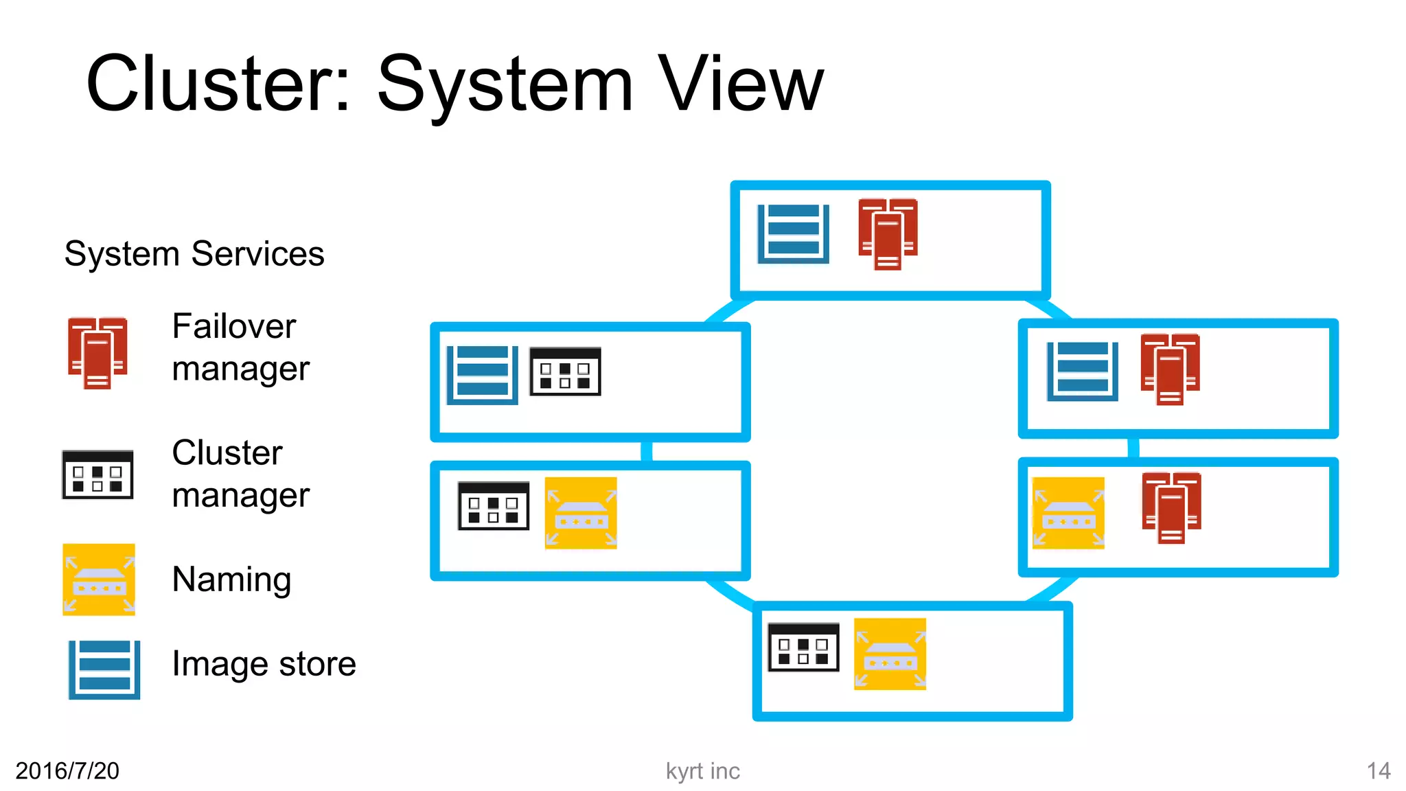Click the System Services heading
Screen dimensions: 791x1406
point(194,253)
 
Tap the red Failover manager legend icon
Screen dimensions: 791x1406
point(97,353)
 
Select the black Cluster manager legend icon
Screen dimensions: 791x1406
point(97,474)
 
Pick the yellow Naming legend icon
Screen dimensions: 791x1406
point(99,579)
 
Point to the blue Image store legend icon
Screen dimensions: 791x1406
point(104,669)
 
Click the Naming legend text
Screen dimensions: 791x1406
point(231,579)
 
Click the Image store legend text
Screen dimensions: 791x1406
point(264,663)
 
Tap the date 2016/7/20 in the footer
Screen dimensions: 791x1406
point(67,770)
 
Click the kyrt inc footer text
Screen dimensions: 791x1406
point(702,770)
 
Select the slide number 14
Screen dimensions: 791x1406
point(1378,770)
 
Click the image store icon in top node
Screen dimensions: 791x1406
point(793,233)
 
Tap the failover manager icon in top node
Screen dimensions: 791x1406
point(888,233)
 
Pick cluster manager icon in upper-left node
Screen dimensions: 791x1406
point(565,371)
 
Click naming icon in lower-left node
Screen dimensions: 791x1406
point(581,513)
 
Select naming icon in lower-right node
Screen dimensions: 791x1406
point(1068,513)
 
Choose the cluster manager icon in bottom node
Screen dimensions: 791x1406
point(803,647)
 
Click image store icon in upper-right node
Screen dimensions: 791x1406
point(1082,371)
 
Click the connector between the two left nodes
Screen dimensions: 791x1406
point(646,451)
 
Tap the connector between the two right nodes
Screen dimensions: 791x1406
point(1133,448)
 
